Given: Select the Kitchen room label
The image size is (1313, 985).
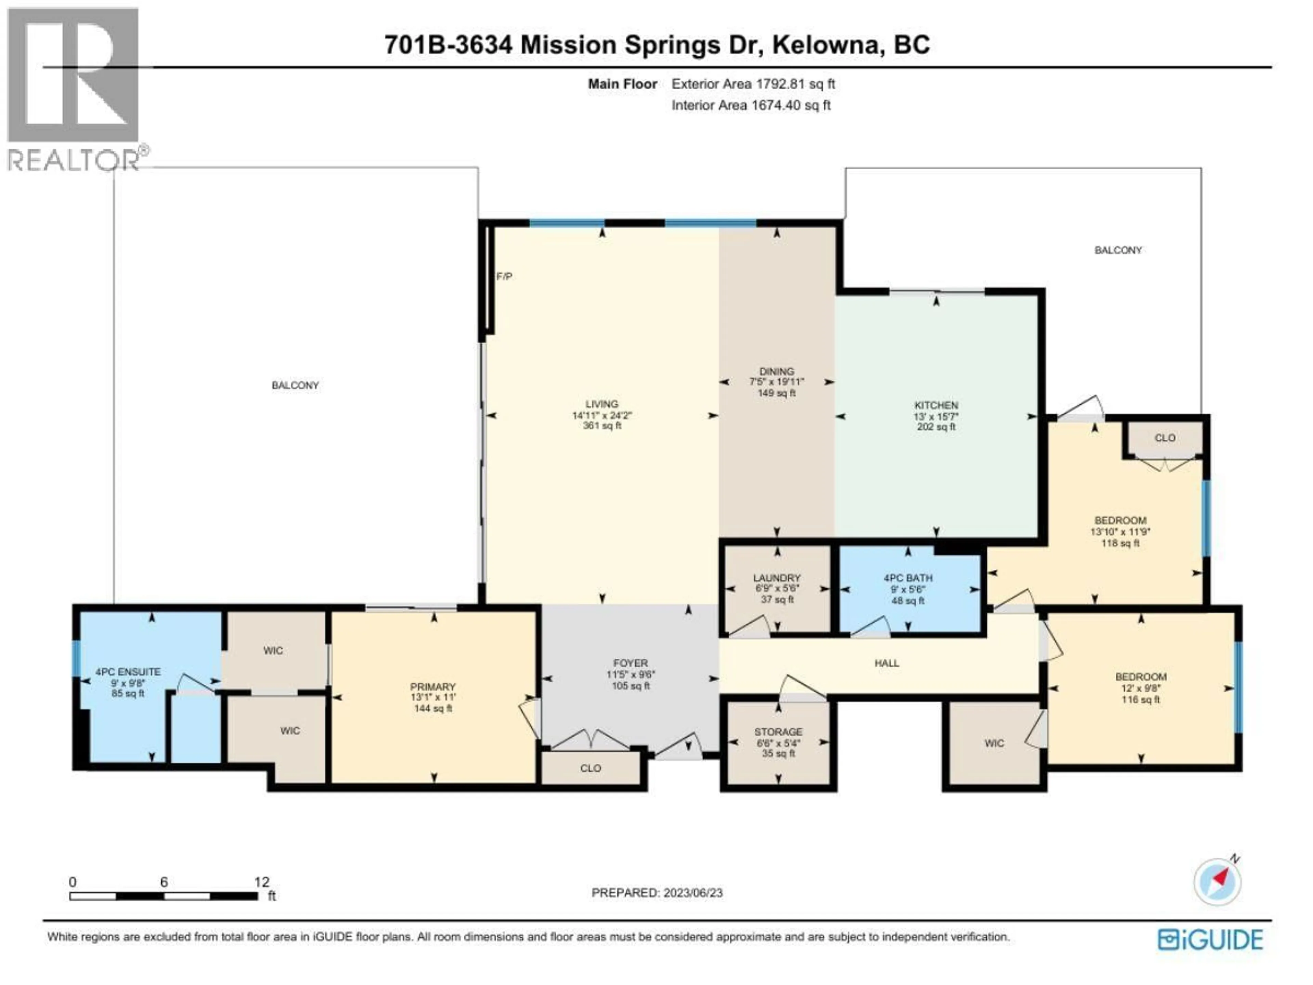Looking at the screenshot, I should tap(936, 405).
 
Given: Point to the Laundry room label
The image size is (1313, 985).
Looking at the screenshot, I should tap(777, 578).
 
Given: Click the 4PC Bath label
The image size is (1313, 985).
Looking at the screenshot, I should tap(907, 578).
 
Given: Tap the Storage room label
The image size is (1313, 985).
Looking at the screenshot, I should tap(778, 732).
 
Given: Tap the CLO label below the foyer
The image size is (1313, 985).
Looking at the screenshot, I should tap(590, 768).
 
